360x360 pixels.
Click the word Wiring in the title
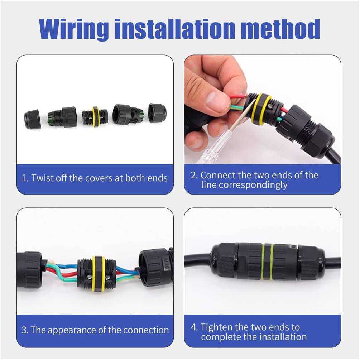74,29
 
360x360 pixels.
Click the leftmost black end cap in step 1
32,119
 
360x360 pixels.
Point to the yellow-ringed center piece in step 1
95,117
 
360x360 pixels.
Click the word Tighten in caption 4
217,327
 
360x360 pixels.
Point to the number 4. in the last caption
194,327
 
